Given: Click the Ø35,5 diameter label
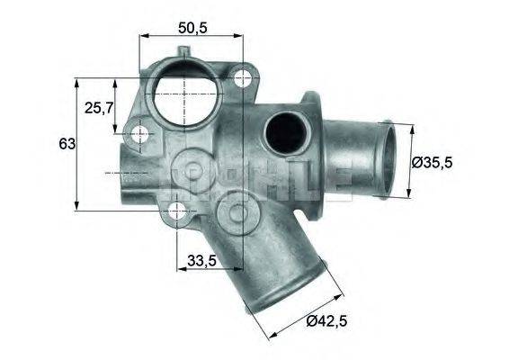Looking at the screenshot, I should click(x=441, y=162).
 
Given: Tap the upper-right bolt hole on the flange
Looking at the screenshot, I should click(x=241, y=79).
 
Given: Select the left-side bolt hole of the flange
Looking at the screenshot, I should click(x=140, y=136).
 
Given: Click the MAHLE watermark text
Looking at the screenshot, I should click(x=261, y=175).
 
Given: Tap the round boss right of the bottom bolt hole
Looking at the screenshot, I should click(x=238, y=212).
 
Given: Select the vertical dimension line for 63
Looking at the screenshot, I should click(x=79, y=144).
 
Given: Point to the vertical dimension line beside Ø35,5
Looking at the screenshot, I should click(x=411, y=162).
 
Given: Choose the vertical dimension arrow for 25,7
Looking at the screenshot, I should click(x=114, y=108).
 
